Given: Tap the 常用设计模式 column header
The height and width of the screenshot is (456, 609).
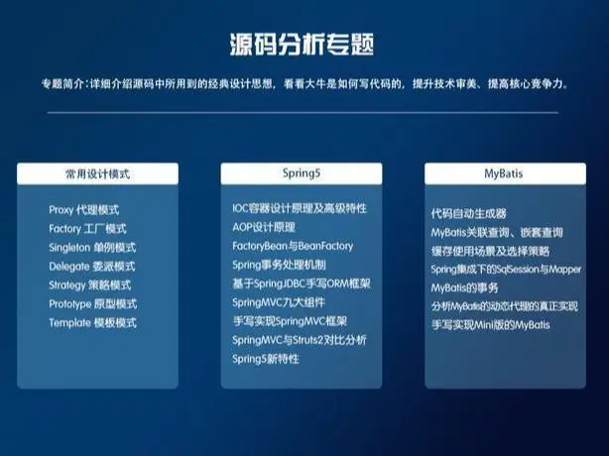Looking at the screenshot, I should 97,172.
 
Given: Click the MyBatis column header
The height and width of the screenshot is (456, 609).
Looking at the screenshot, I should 503,172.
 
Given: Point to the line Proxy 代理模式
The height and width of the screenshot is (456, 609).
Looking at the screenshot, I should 83,210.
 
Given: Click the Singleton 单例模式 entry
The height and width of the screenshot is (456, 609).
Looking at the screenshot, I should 92,248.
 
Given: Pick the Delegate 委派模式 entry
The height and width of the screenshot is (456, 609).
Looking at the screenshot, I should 91,267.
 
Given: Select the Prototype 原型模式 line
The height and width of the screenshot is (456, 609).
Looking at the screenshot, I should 92,304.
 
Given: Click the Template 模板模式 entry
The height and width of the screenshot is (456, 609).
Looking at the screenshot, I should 92,323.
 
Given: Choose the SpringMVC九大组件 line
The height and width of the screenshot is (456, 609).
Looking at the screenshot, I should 278,301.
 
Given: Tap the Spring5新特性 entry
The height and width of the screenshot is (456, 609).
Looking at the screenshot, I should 265,358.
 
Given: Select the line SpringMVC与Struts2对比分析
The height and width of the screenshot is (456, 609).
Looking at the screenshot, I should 299,339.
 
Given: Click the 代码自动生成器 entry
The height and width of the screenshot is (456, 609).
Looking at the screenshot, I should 468,213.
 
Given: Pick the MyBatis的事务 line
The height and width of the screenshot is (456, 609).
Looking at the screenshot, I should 462,287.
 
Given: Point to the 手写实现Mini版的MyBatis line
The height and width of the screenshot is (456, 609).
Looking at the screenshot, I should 490,324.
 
